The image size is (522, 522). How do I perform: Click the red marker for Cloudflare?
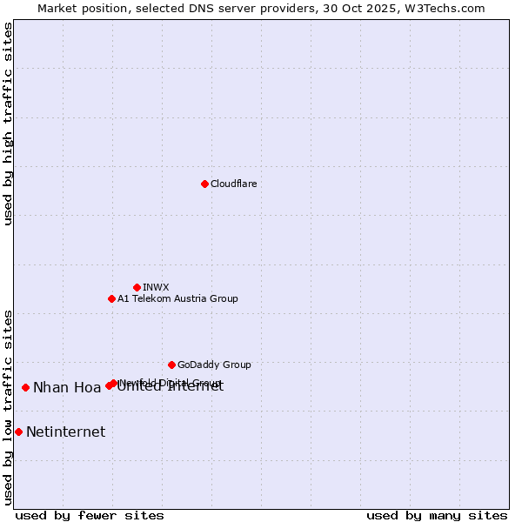coord(204,184)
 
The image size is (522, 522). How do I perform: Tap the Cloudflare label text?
coord(233,184)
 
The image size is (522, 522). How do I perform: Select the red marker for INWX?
coord(137,287)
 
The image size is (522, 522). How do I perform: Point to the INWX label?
coord(156,287)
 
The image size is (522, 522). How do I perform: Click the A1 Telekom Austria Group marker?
coord(111,298)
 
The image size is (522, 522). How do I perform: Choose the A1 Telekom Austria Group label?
coord(177,298)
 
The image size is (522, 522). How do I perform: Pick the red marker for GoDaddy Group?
coord(171,365)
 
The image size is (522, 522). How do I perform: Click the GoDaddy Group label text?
coord(214,365)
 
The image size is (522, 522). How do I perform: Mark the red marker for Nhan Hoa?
coord(25,387)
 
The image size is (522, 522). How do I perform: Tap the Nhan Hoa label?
coord(67,388)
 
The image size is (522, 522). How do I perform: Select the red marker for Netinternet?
coord(18,432)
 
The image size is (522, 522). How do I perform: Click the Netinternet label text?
coord(65,432)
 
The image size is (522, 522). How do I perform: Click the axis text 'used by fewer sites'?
coord(90,515)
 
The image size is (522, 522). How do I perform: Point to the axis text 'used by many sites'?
coord(437,515)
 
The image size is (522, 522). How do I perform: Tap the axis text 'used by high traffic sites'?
coord(9,124)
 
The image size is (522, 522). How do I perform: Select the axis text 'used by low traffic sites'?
coord(9,406)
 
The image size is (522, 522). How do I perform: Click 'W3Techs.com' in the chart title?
coord(449,8)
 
